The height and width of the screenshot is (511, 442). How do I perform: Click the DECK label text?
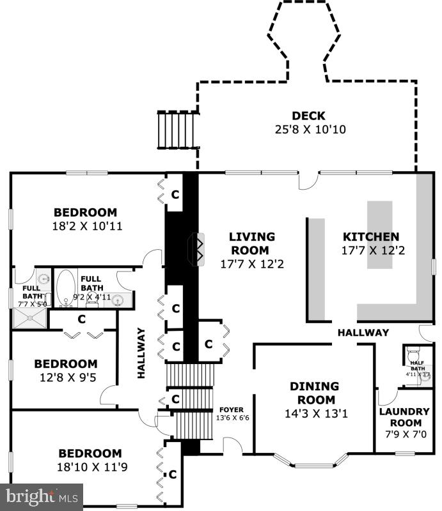click(308, 116)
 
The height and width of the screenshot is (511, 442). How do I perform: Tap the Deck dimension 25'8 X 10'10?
click(310, 130)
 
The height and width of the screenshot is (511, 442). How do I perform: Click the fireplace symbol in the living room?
click(198, 249)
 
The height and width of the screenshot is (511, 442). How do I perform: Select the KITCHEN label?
click(371, 236)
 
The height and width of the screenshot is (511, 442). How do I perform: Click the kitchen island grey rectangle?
click(380, 234)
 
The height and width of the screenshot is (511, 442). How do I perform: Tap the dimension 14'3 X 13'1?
click(316, 413)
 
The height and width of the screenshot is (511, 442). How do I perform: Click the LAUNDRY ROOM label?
click(404, 417)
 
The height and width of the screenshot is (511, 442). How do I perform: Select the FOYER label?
click(232, 409)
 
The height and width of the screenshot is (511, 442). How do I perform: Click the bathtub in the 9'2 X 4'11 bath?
click(66, 288)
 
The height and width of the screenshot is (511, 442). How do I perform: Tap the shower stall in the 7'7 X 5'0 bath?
click(29, 318)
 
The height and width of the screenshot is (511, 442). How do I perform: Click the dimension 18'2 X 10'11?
click(87, 226)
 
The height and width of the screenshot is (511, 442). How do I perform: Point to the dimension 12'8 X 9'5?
click(68, 378)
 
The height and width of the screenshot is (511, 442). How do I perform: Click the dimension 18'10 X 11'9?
click(92, 467)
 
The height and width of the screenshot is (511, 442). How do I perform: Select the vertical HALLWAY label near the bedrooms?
click(141, 353)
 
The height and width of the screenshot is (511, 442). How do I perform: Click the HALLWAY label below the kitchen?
click(363, 332)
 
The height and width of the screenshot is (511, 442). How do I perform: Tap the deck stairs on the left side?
click(178, 130)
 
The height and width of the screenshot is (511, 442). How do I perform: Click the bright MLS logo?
click(42, 498)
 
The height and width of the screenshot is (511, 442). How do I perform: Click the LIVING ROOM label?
click(251, 243)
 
